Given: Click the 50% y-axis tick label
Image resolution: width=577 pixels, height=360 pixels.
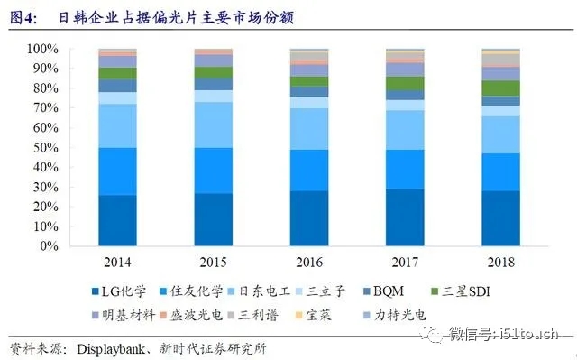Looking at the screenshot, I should (x=46, y=147).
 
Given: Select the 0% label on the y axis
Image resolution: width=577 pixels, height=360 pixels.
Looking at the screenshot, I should (x=50, y=245).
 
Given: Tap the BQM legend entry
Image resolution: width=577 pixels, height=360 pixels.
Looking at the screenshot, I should (x=405, y=292).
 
